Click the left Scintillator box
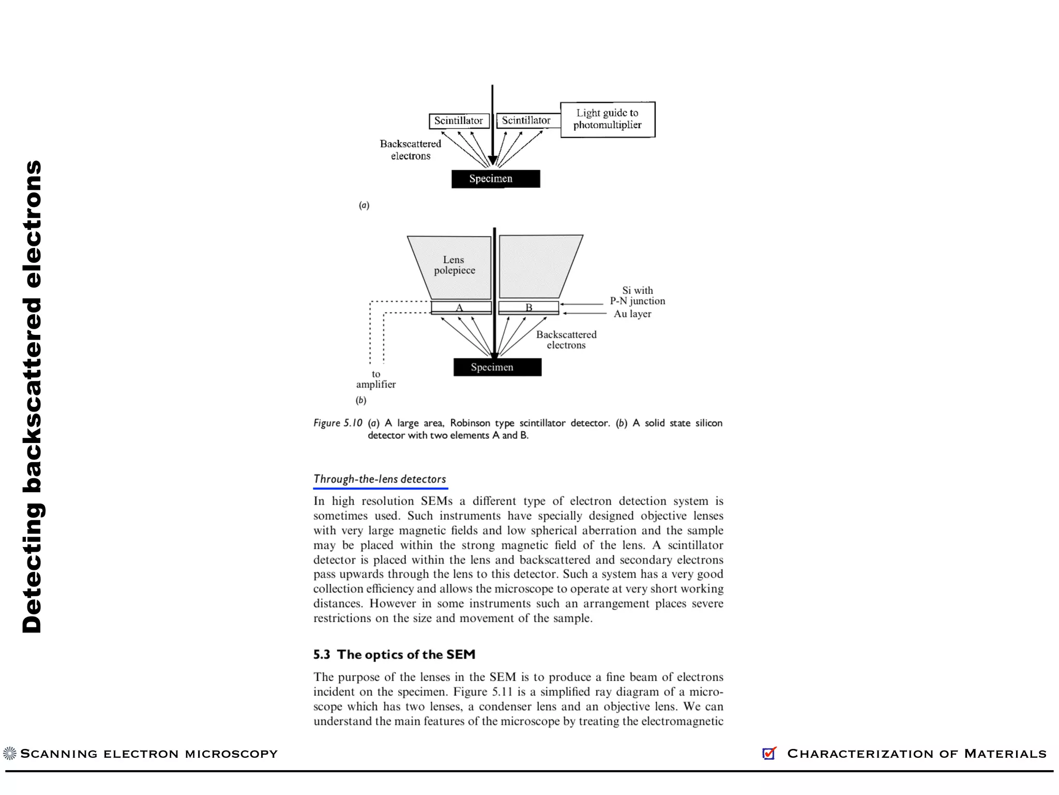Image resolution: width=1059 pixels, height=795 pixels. click(x=459, y=121)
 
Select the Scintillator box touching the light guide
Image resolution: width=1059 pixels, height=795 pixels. click(x=526, y=121)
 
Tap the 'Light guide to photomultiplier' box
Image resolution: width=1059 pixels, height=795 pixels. click(x=608, y=119)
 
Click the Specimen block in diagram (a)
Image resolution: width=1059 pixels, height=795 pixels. click(x=495, y=179)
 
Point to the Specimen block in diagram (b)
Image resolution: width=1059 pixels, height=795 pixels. click(x=497, y=367)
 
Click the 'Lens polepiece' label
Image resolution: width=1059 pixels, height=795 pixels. click(x=454, y=265)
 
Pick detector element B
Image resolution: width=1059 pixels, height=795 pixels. click(x=528, y=307)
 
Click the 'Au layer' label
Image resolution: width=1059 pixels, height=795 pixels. click(x=632, y=314)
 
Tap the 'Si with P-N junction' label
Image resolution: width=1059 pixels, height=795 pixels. click(x=637, y=296)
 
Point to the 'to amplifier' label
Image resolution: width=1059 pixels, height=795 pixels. click(x=376, y=379)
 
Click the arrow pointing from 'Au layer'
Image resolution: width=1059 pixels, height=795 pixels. click(x=584, y=313)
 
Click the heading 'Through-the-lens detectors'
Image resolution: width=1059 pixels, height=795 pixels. click(x=380, y=479)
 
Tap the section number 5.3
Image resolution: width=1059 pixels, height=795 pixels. click(x=321, y=655)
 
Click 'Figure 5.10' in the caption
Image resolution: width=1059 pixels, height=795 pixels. click(x=338, y=423)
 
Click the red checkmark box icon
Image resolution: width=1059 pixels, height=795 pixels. click(x=769, y=753)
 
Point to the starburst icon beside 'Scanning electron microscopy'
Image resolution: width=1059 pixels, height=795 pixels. click(x=10, y=753)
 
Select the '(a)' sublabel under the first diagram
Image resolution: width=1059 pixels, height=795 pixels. click(x=364, y=205)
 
